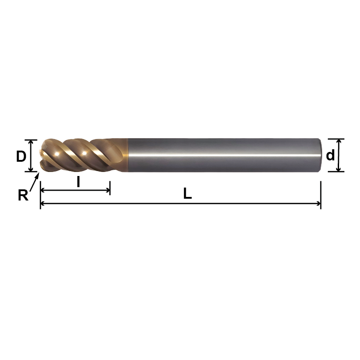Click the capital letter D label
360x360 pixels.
pyautogui.click(x=21, y=156)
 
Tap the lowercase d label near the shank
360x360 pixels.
pyautogui.click(x=330, y=155)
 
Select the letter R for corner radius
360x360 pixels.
pyautogui.click(x=23, y=195)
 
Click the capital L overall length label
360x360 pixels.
pyautogui.click(x=187, y=194)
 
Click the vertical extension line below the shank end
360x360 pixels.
pyautogui.click(x=321, y=192)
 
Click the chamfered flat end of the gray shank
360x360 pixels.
pyautogui.click(x=320, y=155)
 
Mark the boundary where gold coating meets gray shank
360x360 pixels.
pyautogui.click(x=128, y=155)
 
